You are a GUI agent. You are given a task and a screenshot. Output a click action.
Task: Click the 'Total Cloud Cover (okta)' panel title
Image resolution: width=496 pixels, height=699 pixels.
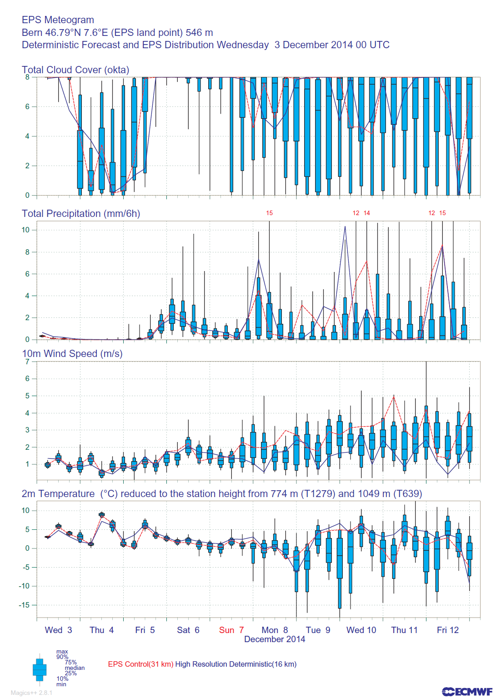click(x=75, y=70)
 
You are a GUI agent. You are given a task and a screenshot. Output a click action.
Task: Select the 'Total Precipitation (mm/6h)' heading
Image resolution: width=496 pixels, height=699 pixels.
click(x=81, y=213)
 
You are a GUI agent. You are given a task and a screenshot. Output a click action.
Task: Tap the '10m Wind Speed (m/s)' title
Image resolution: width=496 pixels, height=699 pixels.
click(x=72, y=353)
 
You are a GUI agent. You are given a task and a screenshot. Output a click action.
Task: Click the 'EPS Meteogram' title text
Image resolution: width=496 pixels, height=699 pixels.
click(x=58, y=20)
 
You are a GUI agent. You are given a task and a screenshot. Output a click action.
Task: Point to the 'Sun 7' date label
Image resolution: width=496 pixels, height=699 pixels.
click(x=231, y=630)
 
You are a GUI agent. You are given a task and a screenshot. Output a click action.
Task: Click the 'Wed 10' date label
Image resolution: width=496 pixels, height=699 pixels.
click(x=361, y=630)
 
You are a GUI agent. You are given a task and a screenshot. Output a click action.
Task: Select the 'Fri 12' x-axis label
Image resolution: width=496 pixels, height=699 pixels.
click(x=448, y=630)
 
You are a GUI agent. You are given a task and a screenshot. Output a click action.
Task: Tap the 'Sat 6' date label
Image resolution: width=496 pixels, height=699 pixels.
click(x=188, y=630)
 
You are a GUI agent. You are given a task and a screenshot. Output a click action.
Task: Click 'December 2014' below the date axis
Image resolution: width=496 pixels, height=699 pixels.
click(x=275, y=639)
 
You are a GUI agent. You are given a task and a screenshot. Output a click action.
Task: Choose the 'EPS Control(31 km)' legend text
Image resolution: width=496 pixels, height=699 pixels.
click(x=140, y=664)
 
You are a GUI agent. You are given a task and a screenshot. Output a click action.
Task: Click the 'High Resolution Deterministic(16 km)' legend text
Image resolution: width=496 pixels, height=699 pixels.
click(x=236, y=664)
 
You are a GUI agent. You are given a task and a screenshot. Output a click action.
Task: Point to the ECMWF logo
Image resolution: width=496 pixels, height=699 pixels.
click(x=467, y=691)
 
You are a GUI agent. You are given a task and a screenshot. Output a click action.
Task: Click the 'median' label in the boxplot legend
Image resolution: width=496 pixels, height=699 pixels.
click(x=75, y=668)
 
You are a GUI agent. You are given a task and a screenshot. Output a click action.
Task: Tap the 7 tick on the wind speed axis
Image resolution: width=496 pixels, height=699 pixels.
click(x=27, y=362)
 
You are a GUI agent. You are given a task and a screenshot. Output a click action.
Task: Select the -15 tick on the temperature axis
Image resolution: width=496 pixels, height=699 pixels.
click(x=24, y=605)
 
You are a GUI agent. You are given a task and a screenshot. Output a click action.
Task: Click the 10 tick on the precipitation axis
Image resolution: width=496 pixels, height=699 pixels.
click(x=25, y=230)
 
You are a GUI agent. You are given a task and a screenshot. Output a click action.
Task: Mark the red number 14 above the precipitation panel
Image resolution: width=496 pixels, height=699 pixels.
click(x=367, y=213)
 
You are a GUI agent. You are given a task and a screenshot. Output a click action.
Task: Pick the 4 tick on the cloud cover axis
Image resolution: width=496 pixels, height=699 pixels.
click(x=27, y=136)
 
